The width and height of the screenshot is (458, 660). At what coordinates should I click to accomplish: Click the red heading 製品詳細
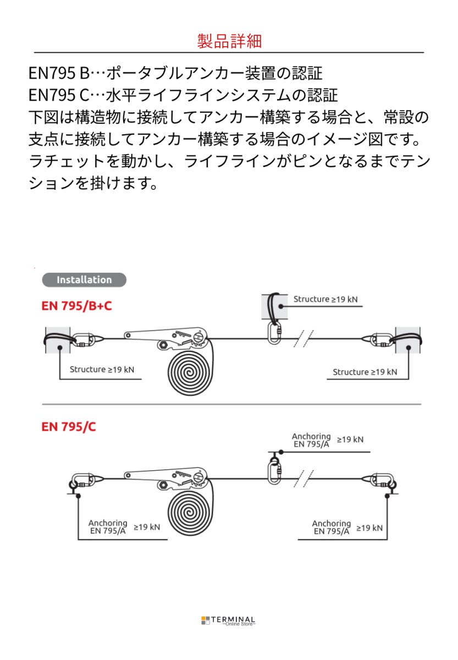click(x=229, y=41)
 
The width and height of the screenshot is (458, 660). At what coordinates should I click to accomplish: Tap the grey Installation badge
click(x=84, y=279)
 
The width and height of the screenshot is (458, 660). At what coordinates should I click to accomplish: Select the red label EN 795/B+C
click(x=76, y=305)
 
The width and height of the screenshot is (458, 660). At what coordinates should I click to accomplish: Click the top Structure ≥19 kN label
click(x=325, y=299)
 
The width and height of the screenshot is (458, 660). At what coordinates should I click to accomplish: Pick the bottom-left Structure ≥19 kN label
click(x=102, y=370)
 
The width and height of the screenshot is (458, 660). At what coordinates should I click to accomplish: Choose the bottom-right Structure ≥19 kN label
click(x=365, y=372)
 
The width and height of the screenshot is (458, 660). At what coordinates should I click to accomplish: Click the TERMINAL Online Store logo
click(x=228, y=621)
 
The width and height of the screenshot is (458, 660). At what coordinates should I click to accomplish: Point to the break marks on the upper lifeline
click(x=303, y=339)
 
